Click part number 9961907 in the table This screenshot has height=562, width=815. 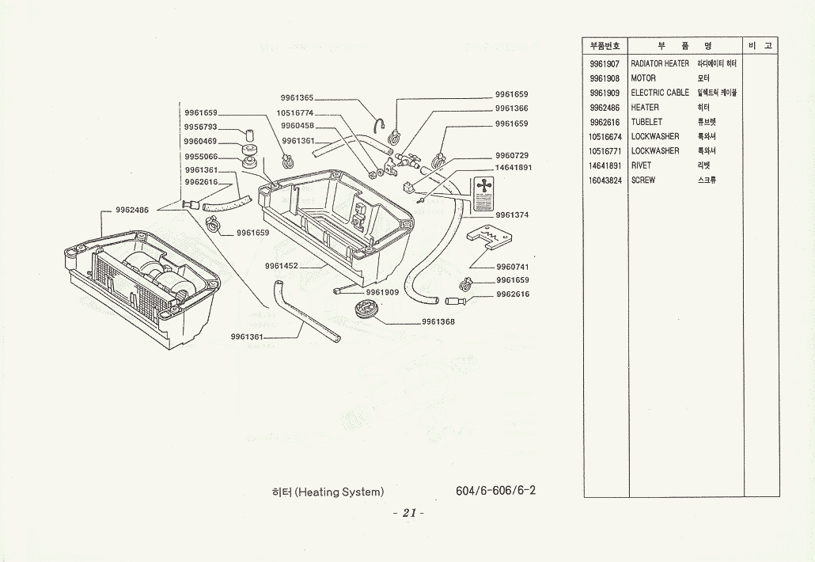coord(605,63)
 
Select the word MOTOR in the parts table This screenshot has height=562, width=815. coord(643,78)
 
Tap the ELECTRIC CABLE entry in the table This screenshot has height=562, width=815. coord(660,93)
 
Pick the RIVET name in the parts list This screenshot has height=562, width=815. coord(641,165)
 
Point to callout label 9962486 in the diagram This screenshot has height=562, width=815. coord(132,211)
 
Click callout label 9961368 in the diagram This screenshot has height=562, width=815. coord(438,321)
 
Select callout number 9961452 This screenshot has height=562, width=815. coord(282,266)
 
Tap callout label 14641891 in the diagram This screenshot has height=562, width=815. coord(513,168)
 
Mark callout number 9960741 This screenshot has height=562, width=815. coord(512,267)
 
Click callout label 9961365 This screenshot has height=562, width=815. coord(298,98)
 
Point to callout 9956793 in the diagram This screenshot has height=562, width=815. coord(200,127)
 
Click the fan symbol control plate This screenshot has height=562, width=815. coord(482,195)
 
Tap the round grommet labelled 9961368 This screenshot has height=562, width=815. coord(368,311)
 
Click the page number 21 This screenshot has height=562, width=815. coord(408,512)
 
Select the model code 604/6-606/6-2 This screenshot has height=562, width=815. coord(495,490)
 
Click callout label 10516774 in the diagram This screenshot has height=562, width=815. coord(295,112)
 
